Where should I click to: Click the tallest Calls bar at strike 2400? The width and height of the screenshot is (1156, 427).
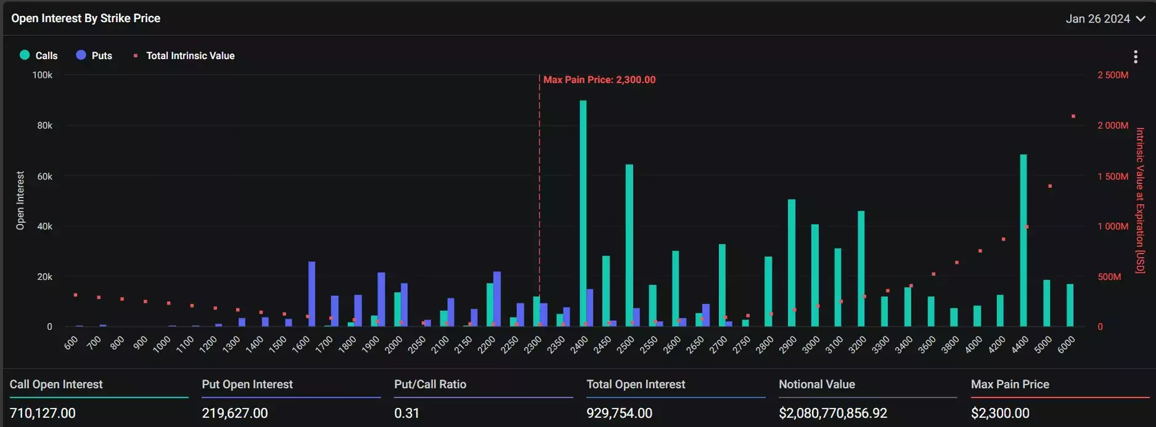coord(583,213)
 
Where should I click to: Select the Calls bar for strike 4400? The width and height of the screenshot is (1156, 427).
coord(1023,241)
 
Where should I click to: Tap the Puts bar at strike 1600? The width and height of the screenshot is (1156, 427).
coord(312,294)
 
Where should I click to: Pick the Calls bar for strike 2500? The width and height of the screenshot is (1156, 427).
coord(629,245)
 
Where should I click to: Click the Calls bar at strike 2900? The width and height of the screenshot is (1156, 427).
coord(791,263)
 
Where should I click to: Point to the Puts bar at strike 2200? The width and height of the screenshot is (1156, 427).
coord(497,298)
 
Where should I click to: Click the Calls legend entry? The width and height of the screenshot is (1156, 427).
coord(39,56)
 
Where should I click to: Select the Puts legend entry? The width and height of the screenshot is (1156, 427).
coord(94,56)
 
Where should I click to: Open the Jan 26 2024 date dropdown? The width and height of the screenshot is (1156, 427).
coord(1105,19)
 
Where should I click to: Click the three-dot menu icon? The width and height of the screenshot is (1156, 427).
coord(1135,56)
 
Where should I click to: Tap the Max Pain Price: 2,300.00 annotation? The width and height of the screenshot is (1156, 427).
coord(599,80)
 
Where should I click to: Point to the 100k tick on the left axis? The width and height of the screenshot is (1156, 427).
coord(42,75)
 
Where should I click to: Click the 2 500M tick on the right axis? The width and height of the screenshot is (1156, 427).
coord(1113,75)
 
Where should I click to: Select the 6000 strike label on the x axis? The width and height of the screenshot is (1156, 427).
coord(1066,344)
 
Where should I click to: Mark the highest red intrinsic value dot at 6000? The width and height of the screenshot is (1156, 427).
coord(1073,116)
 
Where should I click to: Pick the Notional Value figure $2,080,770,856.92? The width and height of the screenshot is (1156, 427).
coord(833,413)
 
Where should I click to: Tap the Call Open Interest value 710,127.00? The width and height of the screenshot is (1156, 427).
coord(43,413)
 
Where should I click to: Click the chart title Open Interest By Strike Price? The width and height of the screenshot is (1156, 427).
coord(86,19)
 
